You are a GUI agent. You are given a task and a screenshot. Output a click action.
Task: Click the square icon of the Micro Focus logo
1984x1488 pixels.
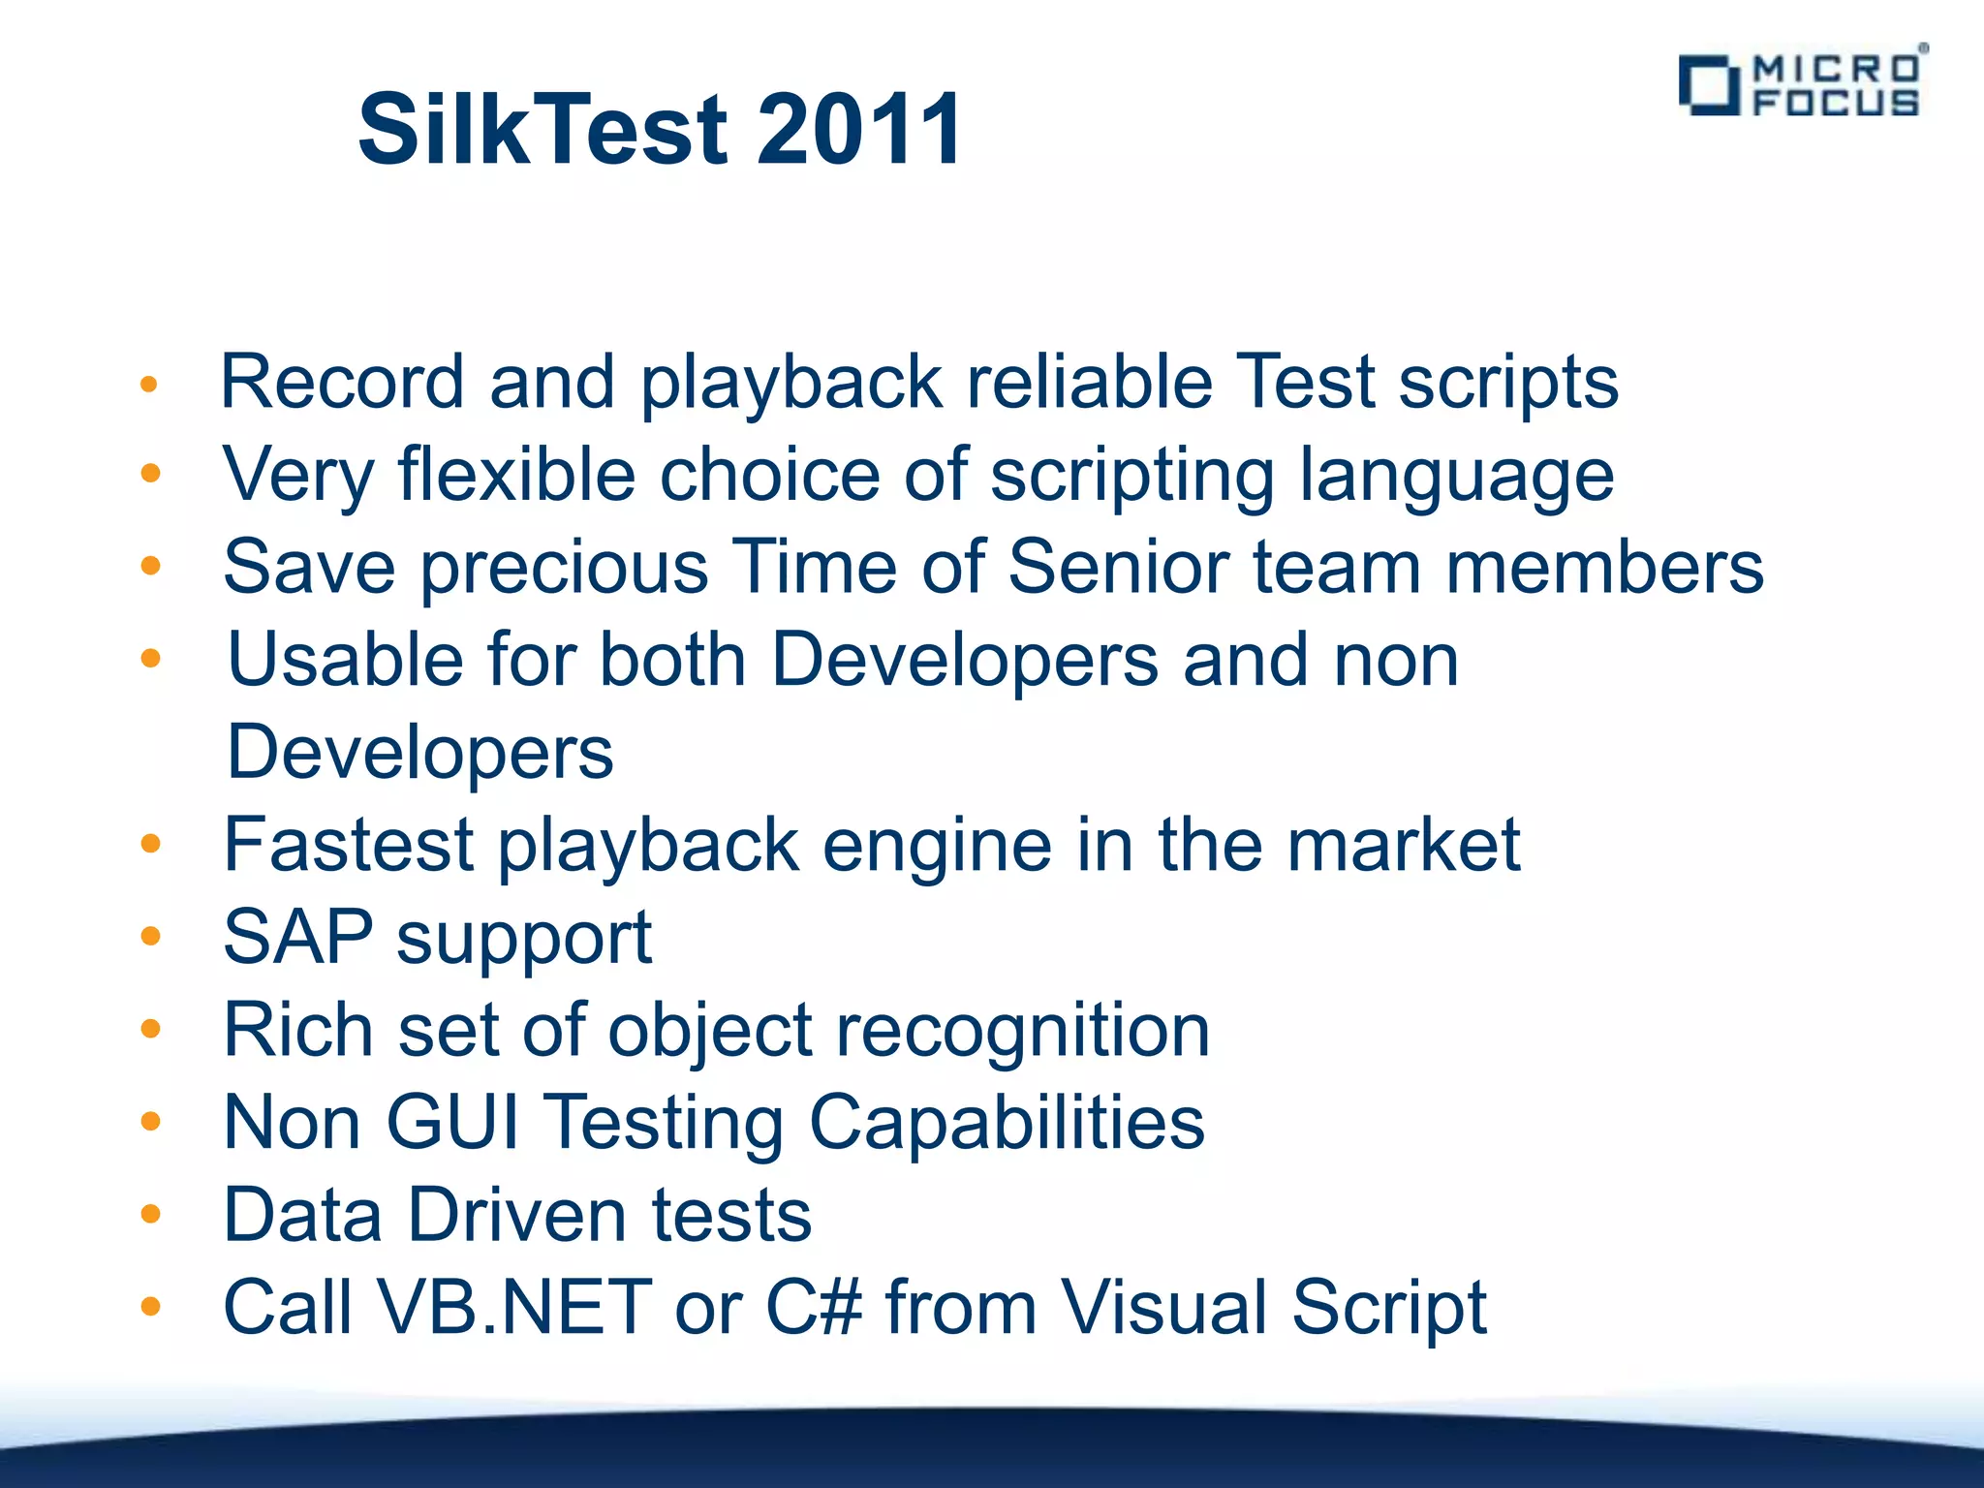click(x=1707, y=85)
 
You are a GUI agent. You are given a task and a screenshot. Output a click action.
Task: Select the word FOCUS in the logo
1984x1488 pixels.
click(x=1836, y=102)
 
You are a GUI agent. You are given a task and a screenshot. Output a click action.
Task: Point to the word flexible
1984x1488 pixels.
click(x=517, y=475)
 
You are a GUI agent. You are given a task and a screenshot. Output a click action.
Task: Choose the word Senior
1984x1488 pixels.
click(x=1118, y=567)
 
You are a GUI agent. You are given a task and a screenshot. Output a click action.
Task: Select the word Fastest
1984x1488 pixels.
click(x=349, y=845)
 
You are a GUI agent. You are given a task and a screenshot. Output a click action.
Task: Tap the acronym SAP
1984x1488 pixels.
click(x=297, y=937)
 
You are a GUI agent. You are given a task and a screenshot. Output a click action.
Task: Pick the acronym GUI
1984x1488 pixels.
click(x=453, y=1122)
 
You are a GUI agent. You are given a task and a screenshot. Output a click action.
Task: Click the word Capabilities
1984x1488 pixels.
click(x=1007, y=1122)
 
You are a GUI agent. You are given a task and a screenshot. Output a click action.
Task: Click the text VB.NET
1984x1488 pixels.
click(x=514, y=1308)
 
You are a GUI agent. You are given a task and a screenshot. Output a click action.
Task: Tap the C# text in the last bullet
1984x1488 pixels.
click(x=813, y=1308)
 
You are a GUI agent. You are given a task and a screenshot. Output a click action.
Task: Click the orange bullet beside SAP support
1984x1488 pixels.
click(x=150, y=937)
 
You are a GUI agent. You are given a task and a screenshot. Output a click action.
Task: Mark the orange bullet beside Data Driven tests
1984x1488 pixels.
click(x=150, y=1215)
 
